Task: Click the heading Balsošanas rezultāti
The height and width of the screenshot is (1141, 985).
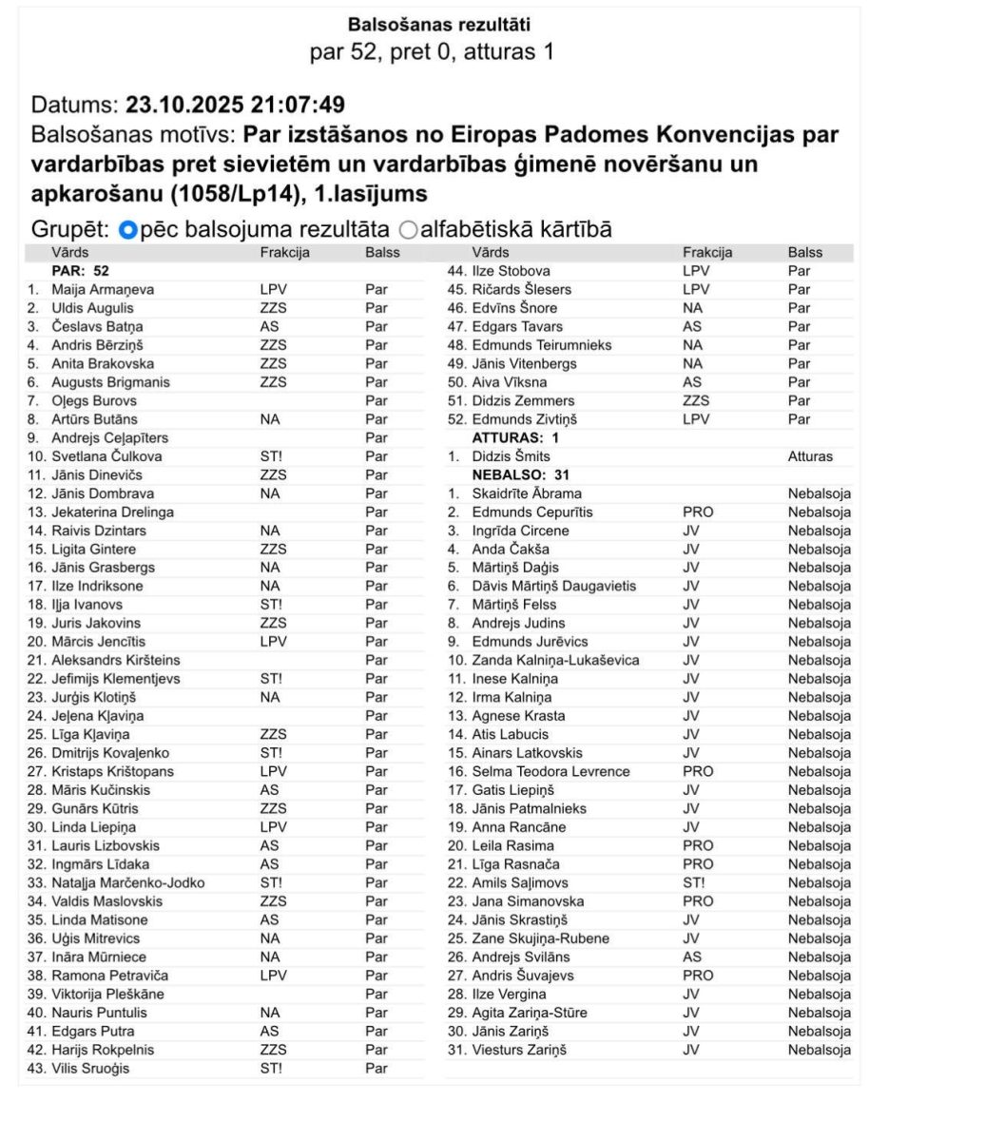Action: (x=438, y=24)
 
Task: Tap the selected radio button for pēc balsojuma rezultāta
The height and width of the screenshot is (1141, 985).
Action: (x=129, y=230)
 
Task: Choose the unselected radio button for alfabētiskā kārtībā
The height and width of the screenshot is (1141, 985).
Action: (x=409, y=230)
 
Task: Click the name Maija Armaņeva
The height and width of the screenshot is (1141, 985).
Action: (x=103, y=289)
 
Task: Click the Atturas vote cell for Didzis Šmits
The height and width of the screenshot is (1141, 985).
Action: (x=810, y=456)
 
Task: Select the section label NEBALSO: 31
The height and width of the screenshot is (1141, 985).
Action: (x=514, y=474)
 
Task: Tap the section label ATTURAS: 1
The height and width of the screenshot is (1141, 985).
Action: (x=515, y=437)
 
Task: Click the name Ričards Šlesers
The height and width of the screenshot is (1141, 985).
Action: (x=522, y=289)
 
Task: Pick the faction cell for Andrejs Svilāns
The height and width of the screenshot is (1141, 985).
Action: (x=692, y=957)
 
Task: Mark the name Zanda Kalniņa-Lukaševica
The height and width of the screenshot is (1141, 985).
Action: (x=555, y=660)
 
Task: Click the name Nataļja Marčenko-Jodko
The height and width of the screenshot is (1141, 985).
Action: (x=127, y=882)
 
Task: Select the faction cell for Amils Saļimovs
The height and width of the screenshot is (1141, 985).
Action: (x=694, y=882)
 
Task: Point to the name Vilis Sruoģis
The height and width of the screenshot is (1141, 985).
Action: (x=91, y=1068)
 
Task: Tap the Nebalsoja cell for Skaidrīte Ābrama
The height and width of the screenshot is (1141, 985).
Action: (x=819, y=493)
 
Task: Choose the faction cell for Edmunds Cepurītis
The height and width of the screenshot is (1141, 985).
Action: (x=698, y=512)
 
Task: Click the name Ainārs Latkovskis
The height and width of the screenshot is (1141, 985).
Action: (x=528, y=753)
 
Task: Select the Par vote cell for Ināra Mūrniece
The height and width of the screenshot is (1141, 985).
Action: (x=377, y=957)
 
